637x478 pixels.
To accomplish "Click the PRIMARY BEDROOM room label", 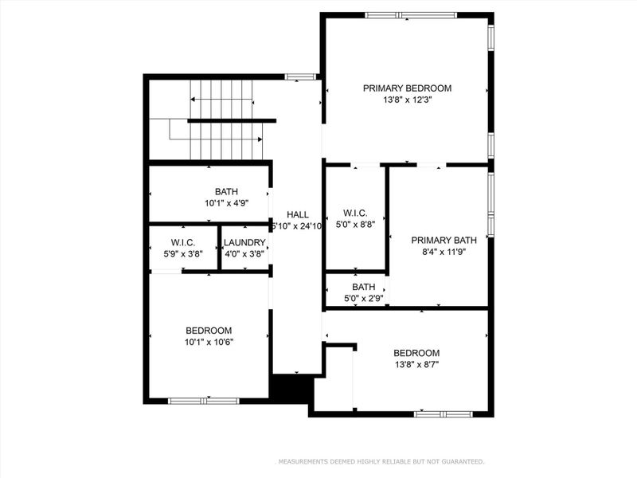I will tap(407, 88).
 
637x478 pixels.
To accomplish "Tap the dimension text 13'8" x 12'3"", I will tap(407, 100).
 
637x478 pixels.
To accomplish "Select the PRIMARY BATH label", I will tap(438, 240).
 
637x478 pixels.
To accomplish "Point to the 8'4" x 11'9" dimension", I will tap(438, 252).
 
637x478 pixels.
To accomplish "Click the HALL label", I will tap(298, 214).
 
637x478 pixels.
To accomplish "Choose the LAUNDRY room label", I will tap(244, 243).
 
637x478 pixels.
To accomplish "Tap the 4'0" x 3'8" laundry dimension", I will tap(244, 254).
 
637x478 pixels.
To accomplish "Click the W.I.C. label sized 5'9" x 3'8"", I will tap(183, 243).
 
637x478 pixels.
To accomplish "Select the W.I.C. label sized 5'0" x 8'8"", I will tap(354, 213).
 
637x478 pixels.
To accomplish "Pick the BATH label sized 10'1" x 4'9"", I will tap(226, 192).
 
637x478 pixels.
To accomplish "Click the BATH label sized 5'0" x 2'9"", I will tap(363, 287).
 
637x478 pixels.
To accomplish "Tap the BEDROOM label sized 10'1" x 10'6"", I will tap(209, 331).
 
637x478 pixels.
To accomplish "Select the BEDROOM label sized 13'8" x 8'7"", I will tap(416, 353).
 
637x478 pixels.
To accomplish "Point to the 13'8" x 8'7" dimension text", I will tap(416, 365).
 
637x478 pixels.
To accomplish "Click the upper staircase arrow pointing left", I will tap(221, 100).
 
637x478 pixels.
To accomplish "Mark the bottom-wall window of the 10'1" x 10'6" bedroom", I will tap(203, 401).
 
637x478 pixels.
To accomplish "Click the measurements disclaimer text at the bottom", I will tap(380, 461).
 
